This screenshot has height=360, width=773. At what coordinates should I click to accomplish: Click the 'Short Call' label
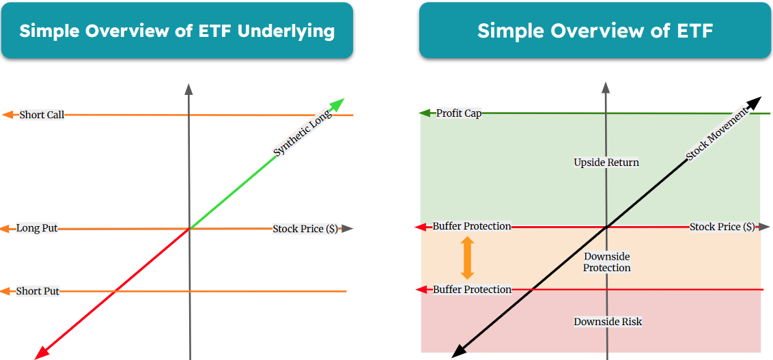(42, 115)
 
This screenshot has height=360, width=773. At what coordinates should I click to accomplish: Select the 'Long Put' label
(37, 228)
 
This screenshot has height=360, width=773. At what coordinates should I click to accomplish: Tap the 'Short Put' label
(38, 291)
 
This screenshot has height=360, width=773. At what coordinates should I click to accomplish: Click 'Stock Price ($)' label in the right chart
(722, 226)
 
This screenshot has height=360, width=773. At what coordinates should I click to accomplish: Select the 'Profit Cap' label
(459, 113)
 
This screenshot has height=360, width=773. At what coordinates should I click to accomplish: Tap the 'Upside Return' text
(606, 162)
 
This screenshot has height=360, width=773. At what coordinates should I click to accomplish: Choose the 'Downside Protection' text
(606, 262)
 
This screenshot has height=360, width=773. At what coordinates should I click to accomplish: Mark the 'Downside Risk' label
(608, 321)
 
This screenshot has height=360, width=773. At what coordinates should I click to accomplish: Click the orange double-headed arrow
(467, 258)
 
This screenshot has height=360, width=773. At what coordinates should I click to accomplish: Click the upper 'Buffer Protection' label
(472, 226)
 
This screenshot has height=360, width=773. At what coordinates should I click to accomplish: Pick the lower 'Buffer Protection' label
(472, 290)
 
